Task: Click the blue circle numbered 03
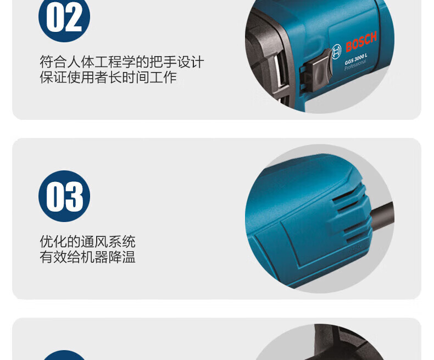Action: pos(64,196)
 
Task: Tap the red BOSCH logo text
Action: pos(361,42)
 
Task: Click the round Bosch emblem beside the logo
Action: pos(336,52)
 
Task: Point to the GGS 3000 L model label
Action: pos(356,59)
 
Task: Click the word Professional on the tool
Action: pos(355,65)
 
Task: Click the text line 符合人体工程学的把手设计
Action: pos(122,62)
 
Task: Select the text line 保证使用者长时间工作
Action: pos(108,77)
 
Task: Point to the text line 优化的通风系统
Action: pos(87,242)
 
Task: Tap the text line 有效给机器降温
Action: pos(87,257)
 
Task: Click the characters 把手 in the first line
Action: pos(163,62)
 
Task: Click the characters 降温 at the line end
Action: pos(122,257)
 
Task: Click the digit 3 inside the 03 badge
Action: pos(74,197)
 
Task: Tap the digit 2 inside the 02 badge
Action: pos(74,17)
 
